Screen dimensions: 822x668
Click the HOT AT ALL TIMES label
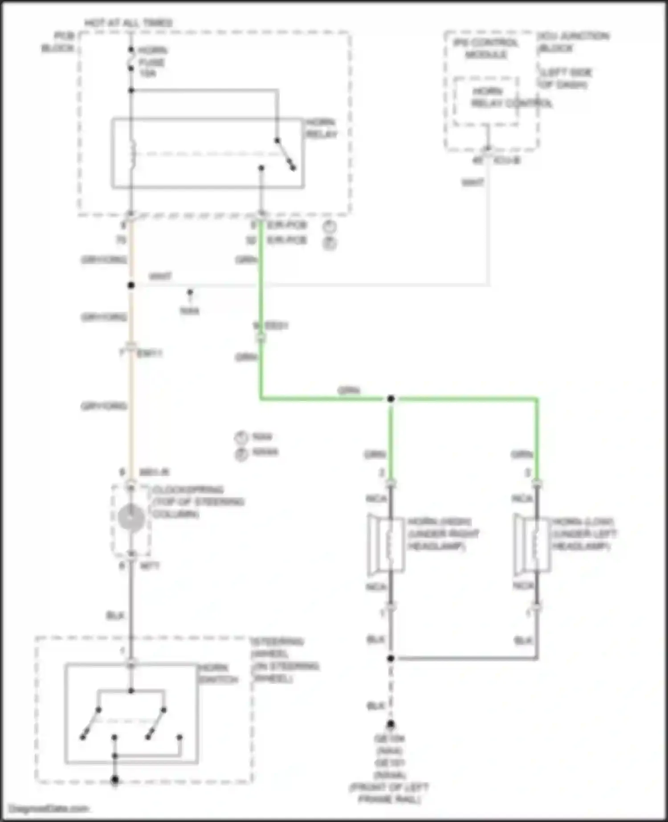(x=128, y=23)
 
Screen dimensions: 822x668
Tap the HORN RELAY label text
(x=321, y=128)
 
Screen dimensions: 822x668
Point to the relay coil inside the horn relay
(x=132, y=154)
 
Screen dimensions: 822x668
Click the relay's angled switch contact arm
(x=285, y=154)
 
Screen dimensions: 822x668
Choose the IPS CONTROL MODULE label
(x=486, y=49)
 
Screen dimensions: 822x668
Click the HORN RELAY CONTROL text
(x=511, y=98)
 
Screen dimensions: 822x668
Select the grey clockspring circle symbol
(x=131, y=518)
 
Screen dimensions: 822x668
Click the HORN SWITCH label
(x=218, y=674)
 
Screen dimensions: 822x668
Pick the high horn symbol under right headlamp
(x=386, y=543)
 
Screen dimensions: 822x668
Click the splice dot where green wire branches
(x=391, y=399)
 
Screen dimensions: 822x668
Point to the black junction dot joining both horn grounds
(x=391, y=658)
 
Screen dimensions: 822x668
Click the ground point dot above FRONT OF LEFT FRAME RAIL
(x=391, y=725)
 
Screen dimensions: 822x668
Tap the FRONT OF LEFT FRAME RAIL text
(x=390, y=793)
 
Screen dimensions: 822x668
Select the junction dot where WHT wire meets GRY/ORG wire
(x=131, y=285)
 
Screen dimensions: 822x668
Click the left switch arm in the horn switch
(x=90, y=724)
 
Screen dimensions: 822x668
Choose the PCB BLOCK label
(x=58, y=42)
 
